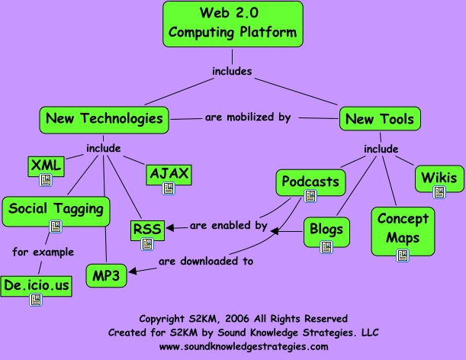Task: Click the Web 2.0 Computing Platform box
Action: [x=232, y=23]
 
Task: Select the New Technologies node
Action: [x=104, y=118]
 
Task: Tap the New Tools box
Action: [x=380, y=119]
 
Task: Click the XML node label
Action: [x=46, y=164]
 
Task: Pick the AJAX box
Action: [x=169, y=173]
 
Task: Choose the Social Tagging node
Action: [x=56, y=207]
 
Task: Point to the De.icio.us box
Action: [x=36, y=284]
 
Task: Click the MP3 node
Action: [x=106, y=275]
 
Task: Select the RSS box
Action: [x=146, y=228]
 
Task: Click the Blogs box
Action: [x=326, y=229]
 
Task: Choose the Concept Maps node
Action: [x=403, y=227]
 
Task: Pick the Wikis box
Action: [x=439, y=178]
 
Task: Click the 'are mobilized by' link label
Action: [x=248, y=118]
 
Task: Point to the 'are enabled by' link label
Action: [x=228, y=226]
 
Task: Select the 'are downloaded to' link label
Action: [x=205, y=262]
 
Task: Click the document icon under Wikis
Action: [x=439, y=192]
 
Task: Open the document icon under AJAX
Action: [x=169, y=189]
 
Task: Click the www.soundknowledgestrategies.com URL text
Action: [x=243, y=346]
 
